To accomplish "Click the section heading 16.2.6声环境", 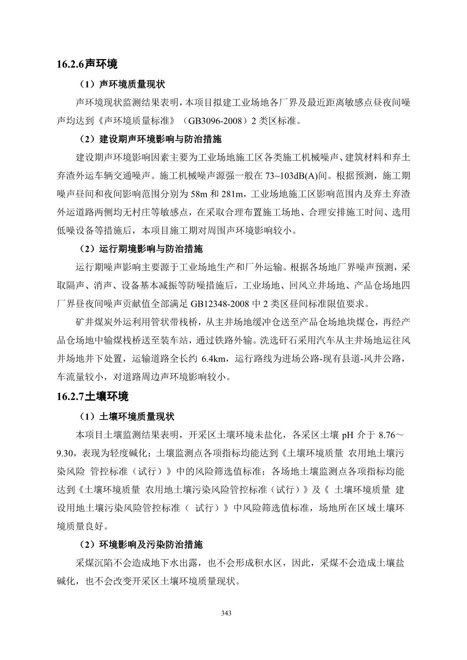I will tap(87, 64).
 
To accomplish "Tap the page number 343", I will tap(226, 613).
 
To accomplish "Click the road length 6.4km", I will tap(213, 358).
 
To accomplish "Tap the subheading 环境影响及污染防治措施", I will tap(151, 544).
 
